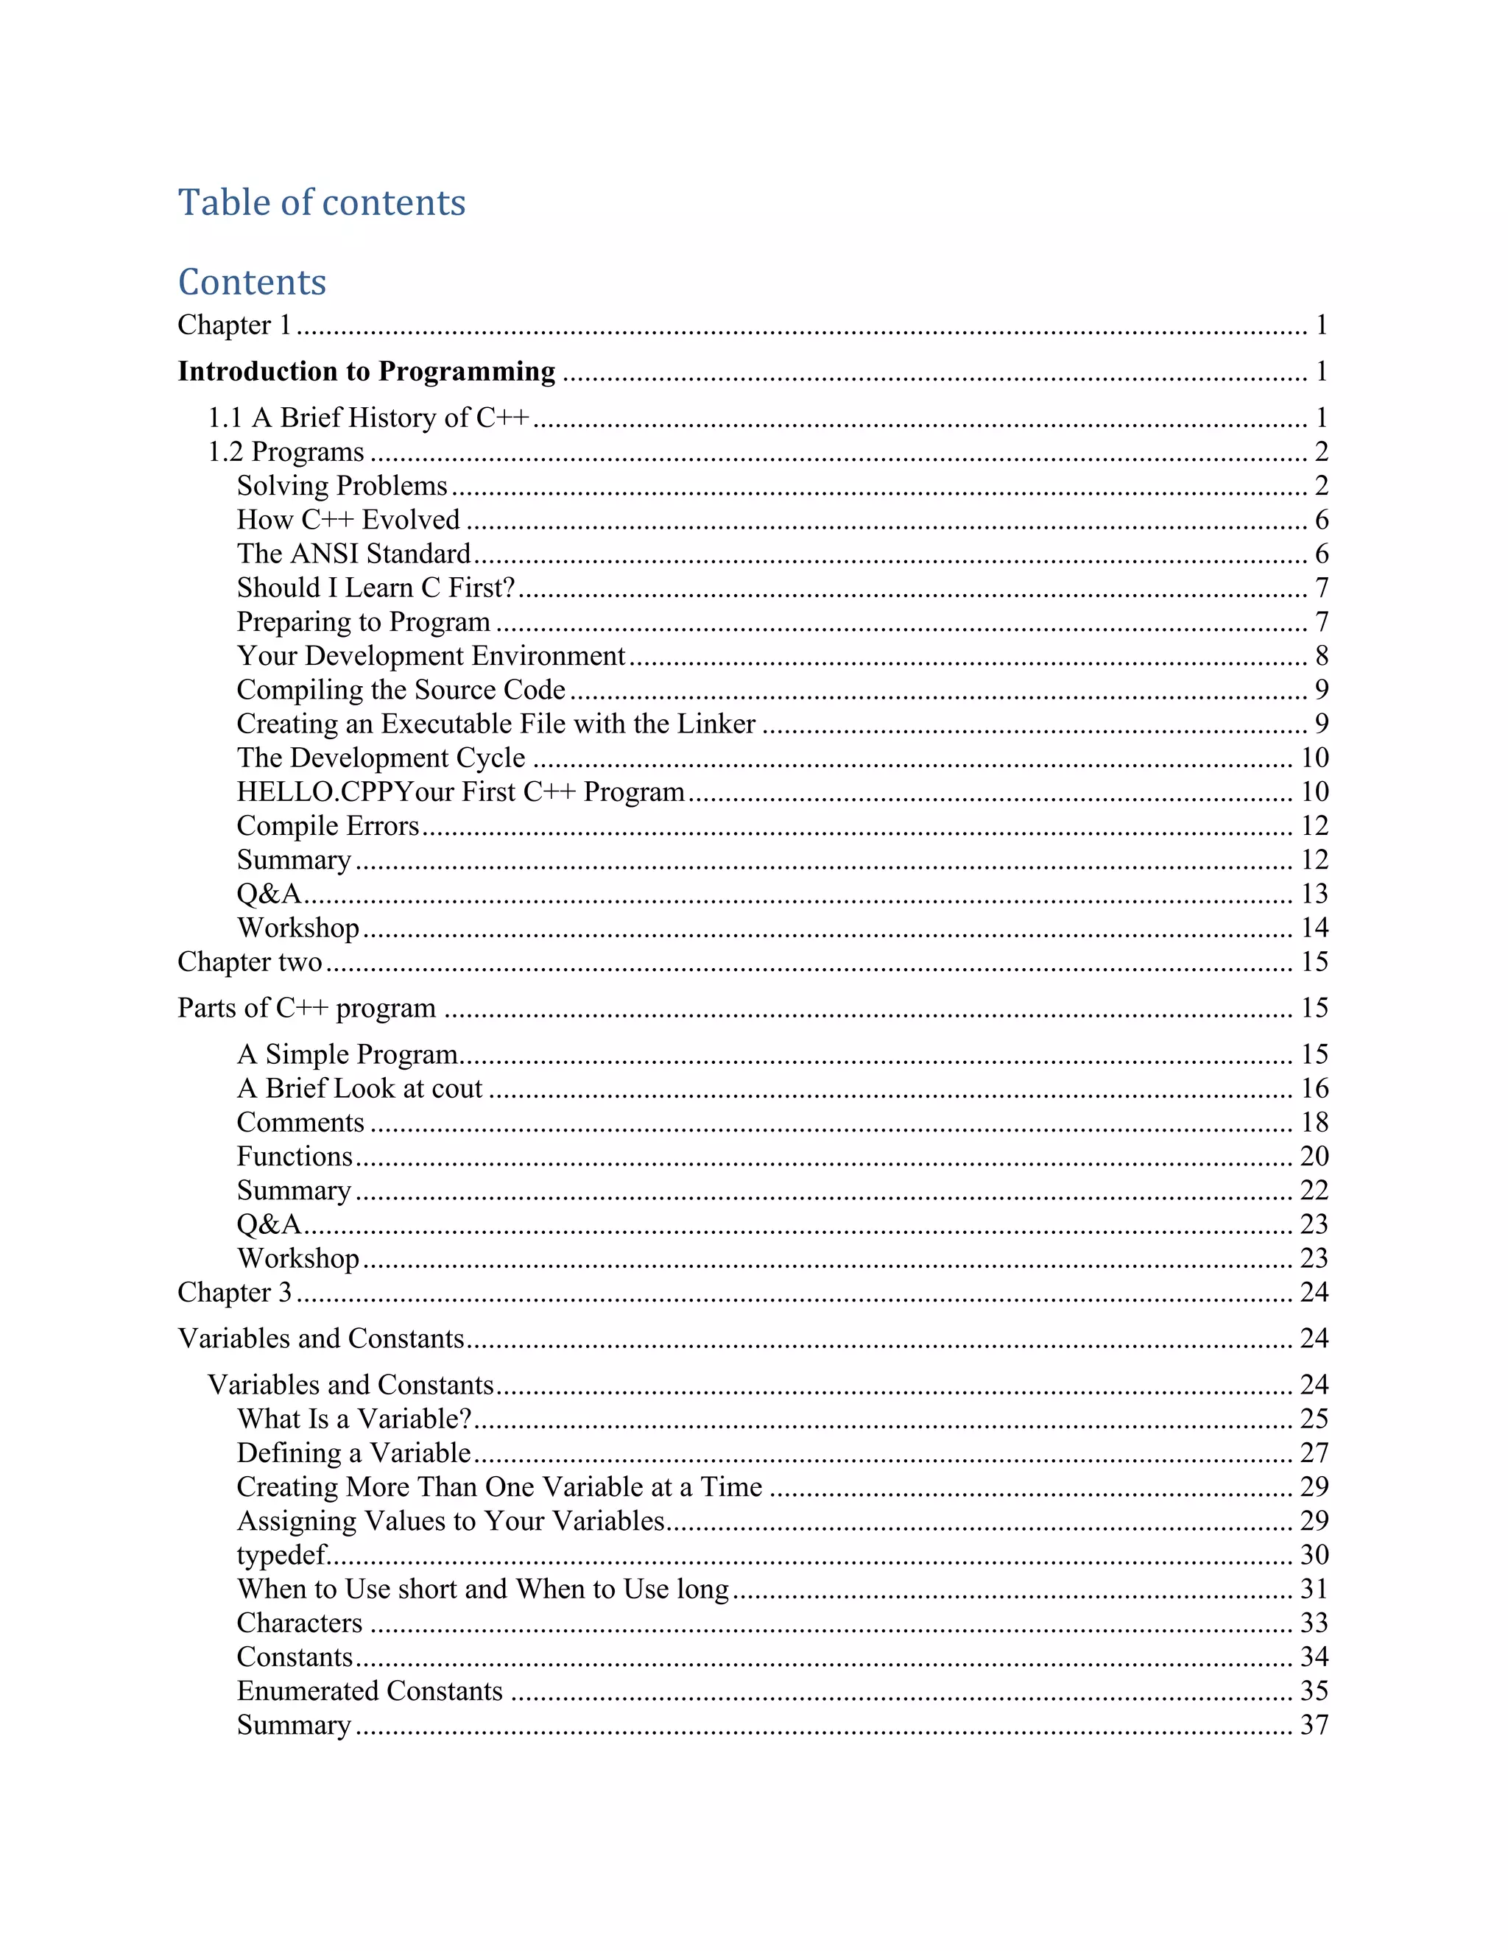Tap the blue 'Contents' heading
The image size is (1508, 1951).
(252, 282)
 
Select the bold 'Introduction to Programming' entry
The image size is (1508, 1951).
(366, 371)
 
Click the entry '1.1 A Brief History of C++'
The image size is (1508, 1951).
(369, 417)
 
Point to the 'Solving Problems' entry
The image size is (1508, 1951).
(342, 486)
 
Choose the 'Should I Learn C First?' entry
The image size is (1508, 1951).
(376, 588)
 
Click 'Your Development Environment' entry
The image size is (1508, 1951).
(431, 656)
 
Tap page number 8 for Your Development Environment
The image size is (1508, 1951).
(1321, 656)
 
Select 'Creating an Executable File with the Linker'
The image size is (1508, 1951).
(496, 724)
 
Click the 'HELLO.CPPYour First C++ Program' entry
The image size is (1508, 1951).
(460, 791)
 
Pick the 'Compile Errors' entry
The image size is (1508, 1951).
(328, 825)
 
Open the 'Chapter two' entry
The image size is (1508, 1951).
(250, 962)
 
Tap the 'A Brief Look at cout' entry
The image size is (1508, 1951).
(359, 1088)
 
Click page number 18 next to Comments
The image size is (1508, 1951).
(1314, 1122)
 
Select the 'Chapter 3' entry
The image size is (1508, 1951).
(235, 1292)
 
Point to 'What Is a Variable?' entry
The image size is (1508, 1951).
(353, 1419)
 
